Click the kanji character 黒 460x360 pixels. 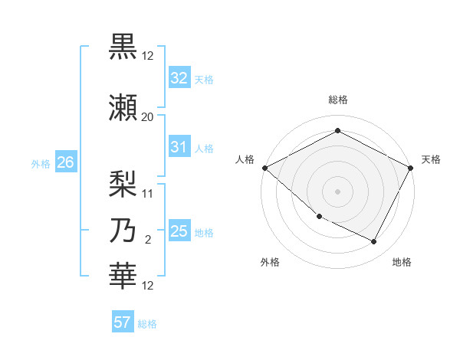click(123, 47)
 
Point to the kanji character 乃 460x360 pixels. click(123, 231)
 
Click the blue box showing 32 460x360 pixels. click(179, 78)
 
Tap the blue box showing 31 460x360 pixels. click(179, 147)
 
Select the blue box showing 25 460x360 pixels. click(179, 231)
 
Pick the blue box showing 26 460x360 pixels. click(65, 162)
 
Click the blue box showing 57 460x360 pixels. click(123, 322)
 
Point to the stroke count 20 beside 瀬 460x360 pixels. click(147, 116)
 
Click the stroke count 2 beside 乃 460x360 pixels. click(147, 240)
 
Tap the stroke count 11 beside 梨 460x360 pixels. click(147, 193)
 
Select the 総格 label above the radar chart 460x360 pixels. click(337, 100)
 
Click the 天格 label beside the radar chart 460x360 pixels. click(431, 159)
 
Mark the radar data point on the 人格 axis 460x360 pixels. click(264, 168)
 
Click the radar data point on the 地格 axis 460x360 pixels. click(374, 242)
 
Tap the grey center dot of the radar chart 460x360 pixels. click(337, 191)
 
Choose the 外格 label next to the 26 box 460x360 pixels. click(41, 163)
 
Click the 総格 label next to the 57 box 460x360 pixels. click(147, 323)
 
